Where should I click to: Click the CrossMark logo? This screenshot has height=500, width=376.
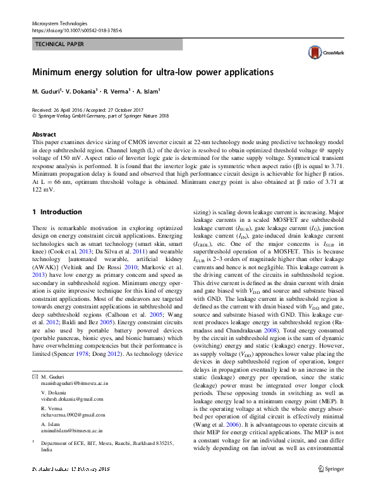[325, 52]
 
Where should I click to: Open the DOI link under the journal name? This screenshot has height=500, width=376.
[76, 30]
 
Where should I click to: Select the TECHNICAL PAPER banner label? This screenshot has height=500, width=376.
[59, 45]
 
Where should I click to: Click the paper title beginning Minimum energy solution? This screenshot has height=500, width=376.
[152, 72]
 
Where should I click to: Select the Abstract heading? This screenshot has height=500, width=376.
[44, 135]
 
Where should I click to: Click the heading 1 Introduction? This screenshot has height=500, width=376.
[57, 212]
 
